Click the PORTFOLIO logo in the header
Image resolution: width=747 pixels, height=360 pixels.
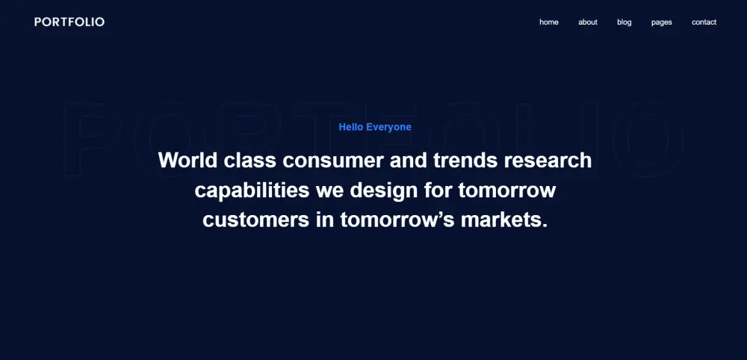(69, 22)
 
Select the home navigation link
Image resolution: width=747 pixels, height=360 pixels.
(549, 22)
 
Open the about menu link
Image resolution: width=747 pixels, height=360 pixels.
(588, 22)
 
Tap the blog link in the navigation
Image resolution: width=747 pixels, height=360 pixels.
(624, 22)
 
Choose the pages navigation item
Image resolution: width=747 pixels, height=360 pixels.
(662, 22)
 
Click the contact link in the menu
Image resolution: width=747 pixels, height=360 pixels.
(704, 22)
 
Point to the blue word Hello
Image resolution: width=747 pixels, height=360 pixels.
(351, 127)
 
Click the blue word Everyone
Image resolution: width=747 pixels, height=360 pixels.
(388, 128)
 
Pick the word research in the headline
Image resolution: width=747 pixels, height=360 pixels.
(548, 160)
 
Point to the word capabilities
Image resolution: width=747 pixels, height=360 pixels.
(252, 190)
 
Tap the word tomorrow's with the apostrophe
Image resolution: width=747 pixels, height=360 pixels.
(397, 221)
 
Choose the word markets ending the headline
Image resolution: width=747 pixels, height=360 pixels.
(504, 220)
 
